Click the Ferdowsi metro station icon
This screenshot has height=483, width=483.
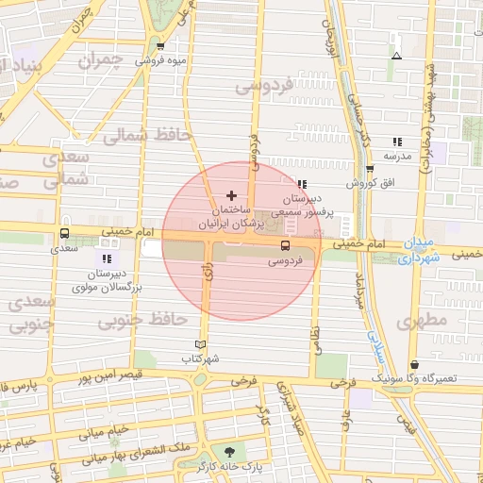[285, 245]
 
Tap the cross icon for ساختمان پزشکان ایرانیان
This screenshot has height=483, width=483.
[231, 194]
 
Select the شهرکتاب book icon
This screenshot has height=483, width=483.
[198, 344]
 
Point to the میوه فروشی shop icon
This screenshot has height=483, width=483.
[160, 46]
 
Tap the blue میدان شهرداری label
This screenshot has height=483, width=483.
[419, 250]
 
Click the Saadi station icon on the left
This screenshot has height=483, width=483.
[64, 235]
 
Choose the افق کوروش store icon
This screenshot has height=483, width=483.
[370, 170]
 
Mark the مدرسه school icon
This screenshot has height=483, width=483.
[396, 142]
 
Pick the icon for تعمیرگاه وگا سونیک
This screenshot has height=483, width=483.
[414, 365]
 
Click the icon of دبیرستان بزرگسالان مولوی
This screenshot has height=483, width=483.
[105, 258]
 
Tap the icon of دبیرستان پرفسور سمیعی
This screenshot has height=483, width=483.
[301, 185]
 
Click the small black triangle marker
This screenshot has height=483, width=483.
[396, 55]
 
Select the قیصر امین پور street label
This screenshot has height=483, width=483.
[108, 375]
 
